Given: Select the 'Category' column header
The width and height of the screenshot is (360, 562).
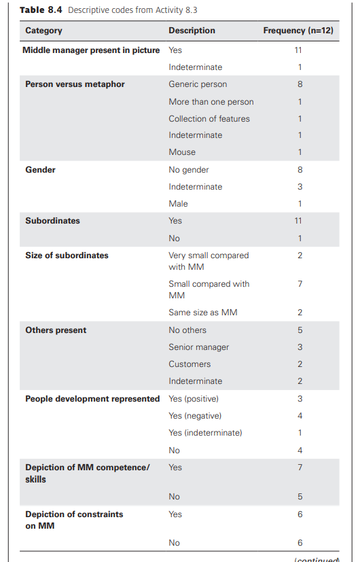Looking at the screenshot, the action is coord(43,31).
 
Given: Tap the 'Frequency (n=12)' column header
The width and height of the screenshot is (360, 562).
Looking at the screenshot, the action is coord(298,31).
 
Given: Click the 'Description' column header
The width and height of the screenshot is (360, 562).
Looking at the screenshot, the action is coord(192,31).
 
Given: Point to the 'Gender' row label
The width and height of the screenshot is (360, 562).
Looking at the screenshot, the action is coord(40,170).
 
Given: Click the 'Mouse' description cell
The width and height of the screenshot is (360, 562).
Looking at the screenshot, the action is coord(182,152).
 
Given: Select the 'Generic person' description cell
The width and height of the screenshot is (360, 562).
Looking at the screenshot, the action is coord(198,84).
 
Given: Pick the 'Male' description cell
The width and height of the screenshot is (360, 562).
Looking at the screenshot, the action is coord(178,204).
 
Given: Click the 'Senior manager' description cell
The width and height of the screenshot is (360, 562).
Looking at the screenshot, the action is coord(198,347).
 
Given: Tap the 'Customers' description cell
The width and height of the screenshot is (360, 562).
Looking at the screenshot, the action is coord(190,364).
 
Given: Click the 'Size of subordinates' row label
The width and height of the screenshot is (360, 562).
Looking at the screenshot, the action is coord(67,256).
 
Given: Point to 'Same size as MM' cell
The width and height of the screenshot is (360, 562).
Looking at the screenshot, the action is coord(202,313).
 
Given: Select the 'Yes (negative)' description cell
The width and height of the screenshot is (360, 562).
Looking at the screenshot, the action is coord(195,416).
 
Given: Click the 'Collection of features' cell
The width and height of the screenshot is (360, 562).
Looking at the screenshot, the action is coord(209,118).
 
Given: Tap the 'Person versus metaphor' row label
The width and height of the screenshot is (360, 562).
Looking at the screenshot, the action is coord(75,84).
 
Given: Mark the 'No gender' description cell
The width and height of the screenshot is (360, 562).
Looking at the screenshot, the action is coord(189,170).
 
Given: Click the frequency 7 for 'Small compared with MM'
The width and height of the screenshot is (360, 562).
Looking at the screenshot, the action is coord(300,283).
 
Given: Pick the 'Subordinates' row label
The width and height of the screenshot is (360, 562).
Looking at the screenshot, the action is coord(52,221).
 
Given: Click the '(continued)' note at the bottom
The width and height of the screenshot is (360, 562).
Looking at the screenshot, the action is coord(316,559).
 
